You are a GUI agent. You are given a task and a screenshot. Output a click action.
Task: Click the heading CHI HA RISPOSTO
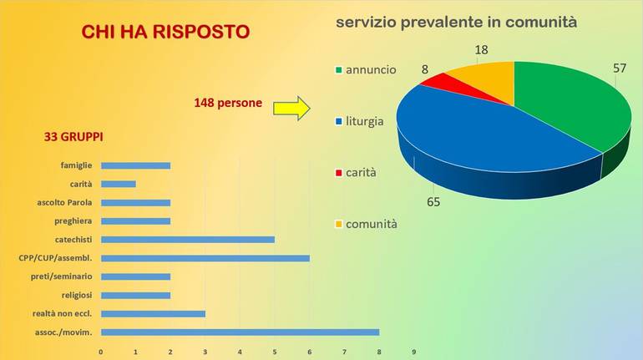[x=165, y=33]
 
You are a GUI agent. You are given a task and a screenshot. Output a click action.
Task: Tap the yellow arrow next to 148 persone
[x=291, y=108]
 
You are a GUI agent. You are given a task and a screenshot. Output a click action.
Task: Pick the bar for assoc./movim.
[x=240, y=332]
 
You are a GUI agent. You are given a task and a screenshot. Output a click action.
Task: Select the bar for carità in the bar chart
[x=118, y=184]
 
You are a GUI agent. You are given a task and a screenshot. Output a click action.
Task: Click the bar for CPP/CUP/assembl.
[x=205, y=258]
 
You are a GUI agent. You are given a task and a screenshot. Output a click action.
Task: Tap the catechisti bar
[x=187, y=239]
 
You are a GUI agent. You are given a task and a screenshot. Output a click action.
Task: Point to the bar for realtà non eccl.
[x=153, y=313]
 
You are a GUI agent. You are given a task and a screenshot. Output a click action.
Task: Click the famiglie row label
[x=76, y=165]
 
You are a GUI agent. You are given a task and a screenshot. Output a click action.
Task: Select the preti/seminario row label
[x=62, y=276]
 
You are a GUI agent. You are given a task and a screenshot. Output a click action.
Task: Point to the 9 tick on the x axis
[x=413, y=352]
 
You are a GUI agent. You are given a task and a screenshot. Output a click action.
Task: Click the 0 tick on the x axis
[x=100, y=352]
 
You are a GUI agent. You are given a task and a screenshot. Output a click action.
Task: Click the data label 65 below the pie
[x=433, y=201]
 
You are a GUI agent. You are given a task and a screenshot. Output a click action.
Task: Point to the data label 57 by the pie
[x=619, y=68]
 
